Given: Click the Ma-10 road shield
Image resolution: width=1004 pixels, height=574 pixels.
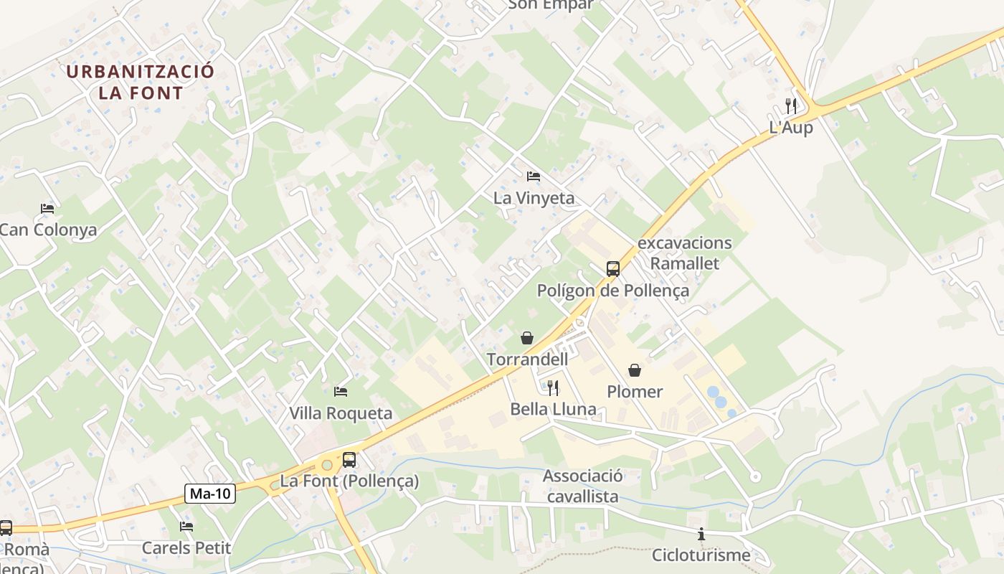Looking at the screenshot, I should point(210,493).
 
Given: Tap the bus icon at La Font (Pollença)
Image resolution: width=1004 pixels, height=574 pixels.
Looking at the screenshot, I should point(349,460).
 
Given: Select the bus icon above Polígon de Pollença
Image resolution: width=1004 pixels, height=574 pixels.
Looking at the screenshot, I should point(612,269).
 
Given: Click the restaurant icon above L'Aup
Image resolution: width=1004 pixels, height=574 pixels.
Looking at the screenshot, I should point(791,106).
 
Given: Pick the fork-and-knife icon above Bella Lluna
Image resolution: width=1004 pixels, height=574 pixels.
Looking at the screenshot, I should point(553,388).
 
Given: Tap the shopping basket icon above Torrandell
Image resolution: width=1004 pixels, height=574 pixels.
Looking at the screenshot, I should point(527,337).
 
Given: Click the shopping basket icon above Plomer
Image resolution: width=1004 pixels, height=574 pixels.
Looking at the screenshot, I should point(635,370).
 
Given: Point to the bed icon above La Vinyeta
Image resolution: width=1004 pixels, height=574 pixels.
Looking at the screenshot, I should point(534,177).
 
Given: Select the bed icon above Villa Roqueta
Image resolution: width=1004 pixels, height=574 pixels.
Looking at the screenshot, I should point(341,392).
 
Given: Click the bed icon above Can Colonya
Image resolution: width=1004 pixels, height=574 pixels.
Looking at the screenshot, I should point(47,209).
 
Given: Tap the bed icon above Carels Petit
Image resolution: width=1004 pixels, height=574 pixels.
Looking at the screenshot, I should point(186,527).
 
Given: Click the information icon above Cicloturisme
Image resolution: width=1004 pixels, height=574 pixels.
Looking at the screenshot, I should point(701,534).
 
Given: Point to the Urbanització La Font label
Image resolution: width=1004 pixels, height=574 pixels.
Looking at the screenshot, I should point(141,82).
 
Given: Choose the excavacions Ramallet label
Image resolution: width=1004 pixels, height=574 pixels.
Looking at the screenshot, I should point(684,253).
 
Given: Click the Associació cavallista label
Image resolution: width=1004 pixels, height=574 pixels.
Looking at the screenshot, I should point(583,486).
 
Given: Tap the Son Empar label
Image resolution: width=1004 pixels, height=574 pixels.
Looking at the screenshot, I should point(551,4).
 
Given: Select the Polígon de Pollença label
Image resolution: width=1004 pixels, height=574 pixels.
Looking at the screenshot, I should point(613,291).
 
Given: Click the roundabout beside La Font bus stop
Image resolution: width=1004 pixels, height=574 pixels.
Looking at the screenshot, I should point(327,465).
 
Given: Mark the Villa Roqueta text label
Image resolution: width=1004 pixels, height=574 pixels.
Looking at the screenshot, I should point(341,413).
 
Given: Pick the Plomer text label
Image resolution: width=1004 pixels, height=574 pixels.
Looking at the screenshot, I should point(635,392).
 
